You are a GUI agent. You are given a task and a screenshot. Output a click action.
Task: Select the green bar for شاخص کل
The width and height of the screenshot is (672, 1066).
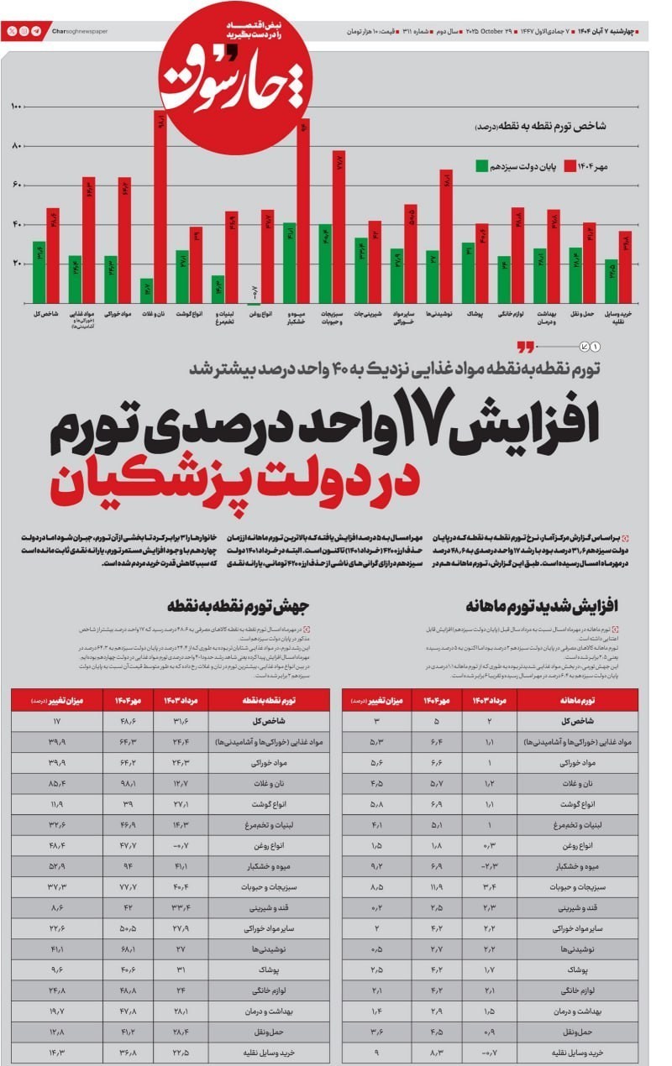[x=39, y=272]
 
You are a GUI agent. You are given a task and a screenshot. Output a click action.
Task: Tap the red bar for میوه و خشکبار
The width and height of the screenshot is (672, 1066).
[x=303, y=210]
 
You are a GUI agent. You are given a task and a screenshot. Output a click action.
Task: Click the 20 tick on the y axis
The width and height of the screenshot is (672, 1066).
[x=17, y=264]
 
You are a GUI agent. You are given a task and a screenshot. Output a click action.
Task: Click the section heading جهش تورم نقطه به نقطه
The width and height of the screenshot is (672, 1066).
[x=239, y=604]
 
